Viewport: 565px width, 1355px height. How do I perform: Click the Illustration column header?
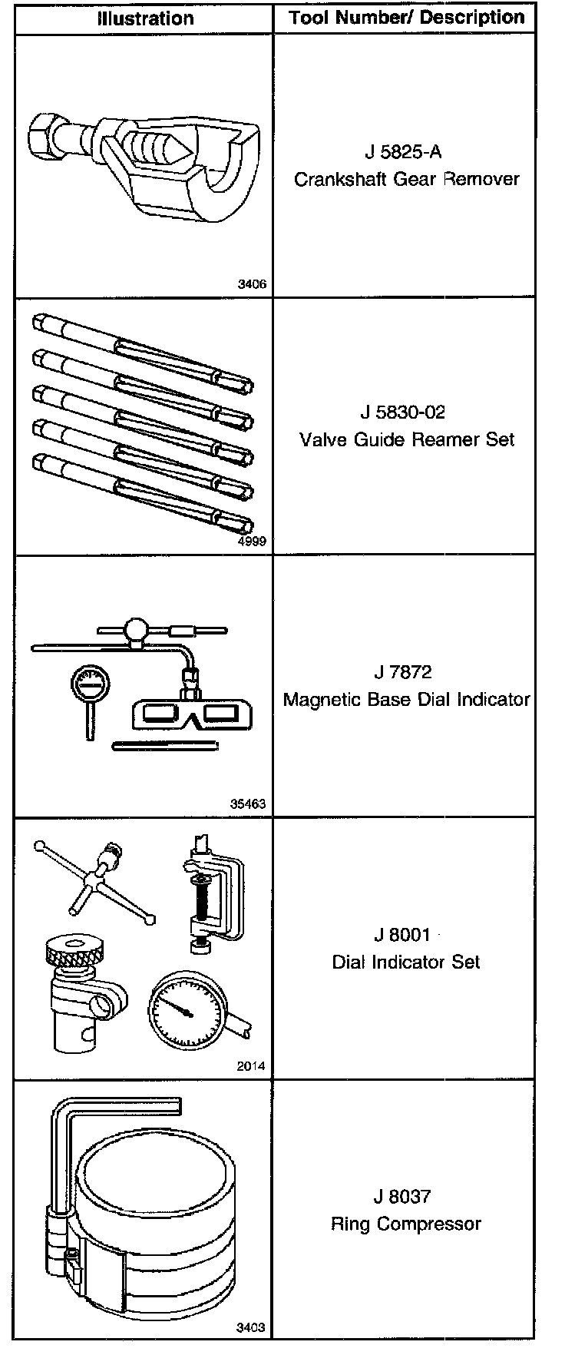point(145,18)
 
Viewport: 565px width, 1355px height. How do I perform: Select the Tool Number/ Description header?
point(407,18)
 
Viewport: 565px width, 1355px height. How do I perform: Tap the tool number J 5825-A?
point(403,152)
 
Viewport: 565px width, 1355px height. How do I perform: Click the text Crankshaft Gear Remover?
point(407,179)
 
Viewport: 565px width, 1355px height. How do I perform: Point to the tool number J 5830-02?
point(403,412)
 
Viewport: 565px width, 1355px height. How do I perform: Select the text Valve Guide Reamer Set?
point(407,440)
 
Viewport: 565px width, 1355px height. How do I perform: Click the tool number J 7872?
point(403,672)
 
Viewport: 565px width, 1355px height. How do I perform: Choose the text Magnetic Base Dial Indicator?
point(407,700)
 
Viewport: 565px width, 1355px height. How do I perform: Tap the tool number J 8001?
point(402,935)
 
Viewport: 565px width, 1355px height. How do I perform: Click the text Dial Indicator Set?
point(406,962)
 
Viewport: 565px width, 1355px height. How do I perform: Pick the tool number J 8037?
point(403,1196)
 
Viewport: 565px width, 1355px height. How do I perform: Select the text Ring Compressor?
point(406,1224)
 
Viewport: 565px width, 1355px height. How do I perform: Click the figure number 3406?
point(253,284)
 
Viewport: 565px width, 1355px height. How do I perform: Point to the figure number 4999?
point(253,542)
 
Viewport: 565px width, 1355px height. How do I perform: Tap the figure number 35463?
point(249,804)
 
